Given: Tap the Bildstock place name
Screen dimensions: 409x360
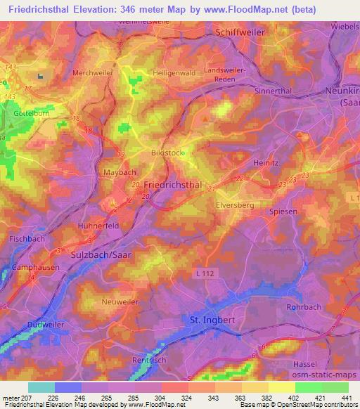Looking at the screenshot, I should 166,152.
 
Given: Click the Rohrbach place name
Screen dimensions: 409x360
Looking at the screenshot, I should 304,307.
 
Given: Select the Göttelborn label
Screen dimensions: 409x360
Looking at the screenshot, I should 29,112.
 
